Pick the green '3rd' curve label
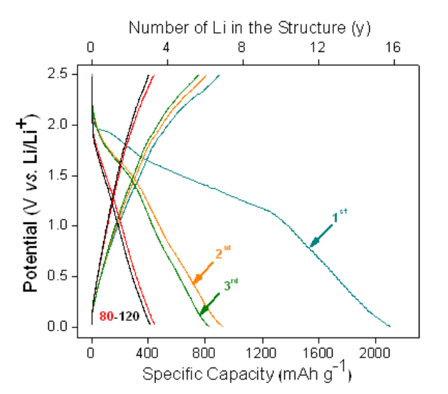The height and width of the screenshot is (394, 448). [x=232, y=287]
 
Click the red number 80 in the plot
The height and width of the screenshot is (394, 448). [x=106, y=316]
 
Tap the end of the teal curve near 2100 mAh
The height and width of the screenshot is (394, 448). [x=390, y=326]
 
